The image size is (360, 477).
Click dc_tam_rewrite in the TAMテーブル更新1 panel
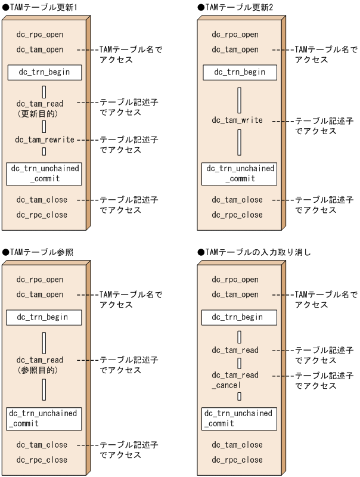coord(45,140)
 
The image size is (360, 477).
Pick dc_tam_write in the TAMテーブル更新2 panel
coord(237,120)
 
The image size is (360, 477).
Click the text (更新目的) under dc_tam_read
coord(38,113)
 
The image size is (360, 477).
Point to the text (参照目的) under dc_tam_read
coord(38,370)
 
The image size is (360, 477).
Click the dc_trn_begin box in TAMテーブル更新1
coord(45,73)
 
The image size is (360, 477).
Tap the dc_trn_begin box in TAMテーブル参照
coord(44,317)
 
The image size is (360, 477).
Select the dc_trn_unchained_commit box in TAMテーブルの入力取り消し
coord(238,418)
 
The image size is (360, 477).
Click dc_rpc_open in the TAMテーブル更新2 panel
coord(235,35)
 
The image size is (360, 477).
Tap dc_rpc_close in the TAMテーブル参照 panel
coord(42,460)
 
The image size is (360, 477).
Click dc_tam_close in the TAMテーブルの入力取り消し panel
coord(237,445)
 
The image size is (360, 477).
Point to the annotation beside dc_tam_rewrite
coord(128,145)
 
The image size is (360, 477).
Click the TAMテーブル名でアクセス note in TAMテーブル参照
coord(131,299)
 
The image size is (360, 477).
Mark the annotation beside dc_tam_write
coord(324,126)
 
